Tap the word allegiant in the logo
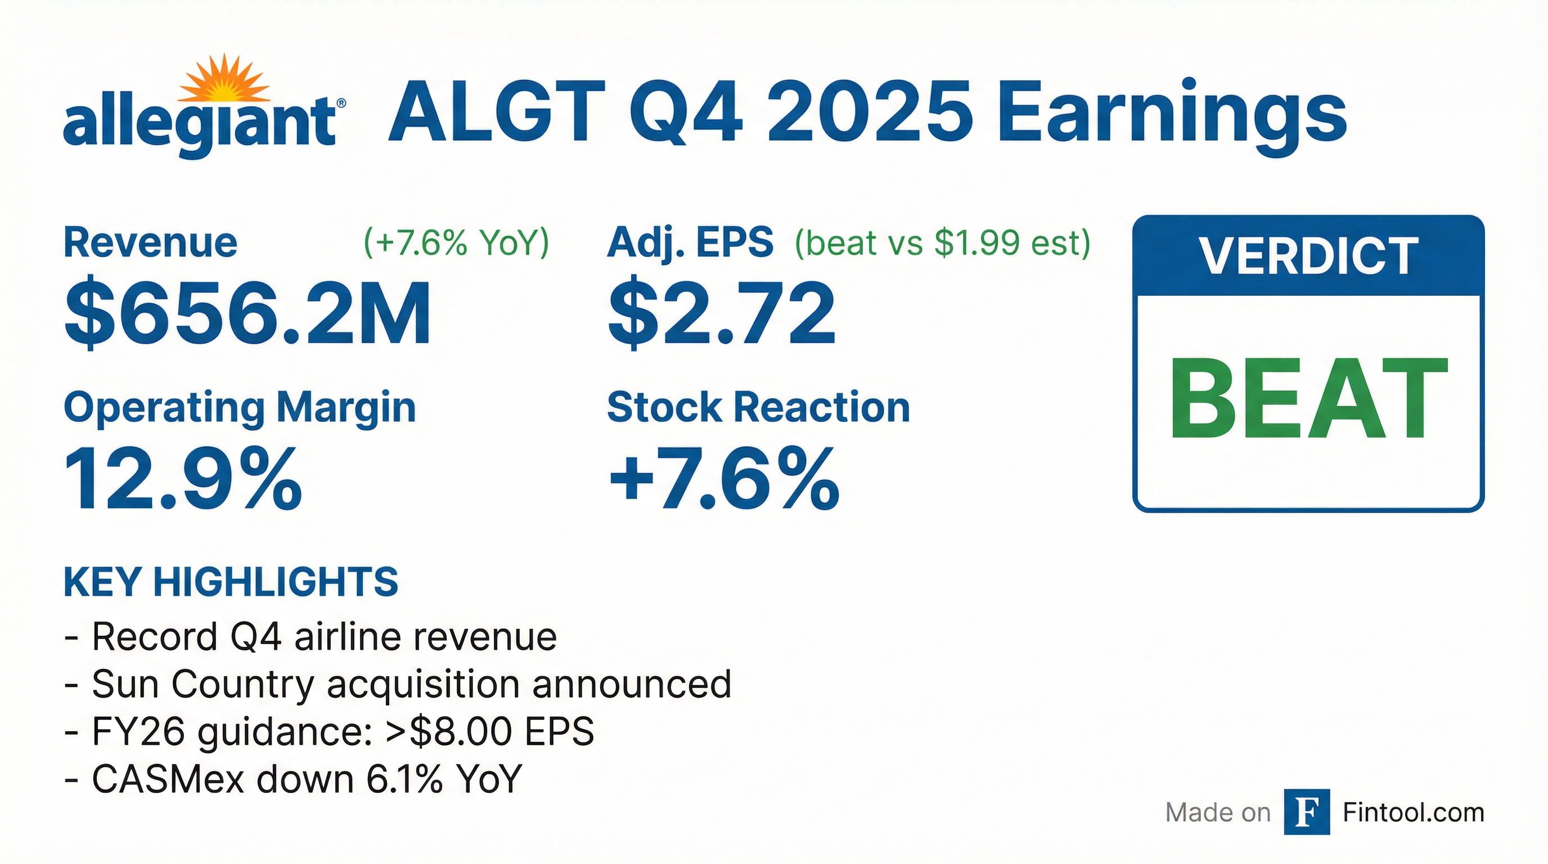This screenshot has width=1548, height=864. tap(200, 125)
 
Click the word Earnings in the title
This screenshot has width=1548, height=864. tap(1171, 117)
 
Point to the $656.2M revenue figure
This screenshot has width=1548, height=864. tap(247, 312)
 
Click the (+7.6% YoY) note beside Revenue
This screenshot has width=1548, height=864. tap(456, 243)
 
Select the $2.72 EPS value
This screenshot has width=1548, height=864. tap(722, 312)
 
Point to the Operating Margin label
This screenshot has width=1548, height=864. tap(240, 408)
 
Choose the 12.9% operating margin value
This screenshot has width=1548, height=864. tap(183, 479)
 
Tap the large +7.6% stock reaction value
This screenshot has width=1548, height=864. tap(723, 479)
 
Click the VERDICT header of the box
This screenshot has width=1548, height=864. tap(1309, 256)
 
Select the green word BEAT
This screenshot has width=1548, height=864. tap(1308, 398)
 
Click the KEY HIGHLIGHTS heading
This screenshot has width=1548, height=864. tap(231, 582)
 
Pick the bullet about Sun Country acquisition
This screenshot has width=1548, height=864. tap(398, 685)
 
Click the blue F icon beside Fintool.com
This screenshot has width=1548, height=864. tap(1307, 812)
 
